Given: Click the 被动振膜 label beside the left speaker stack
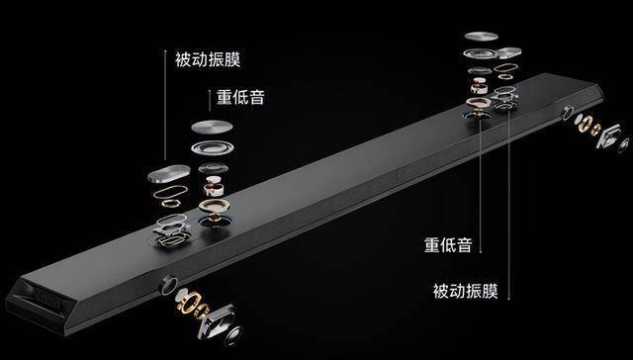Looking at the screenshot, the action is (x=208, y=59).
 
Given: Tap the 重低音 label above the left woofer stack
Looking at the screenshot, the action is (x=240, y=97).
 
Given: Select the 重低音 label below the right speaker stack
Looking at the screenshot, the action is (x=448, y=245).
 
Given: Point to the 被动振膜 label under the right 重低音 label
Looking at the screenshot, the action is (x=466, y=291).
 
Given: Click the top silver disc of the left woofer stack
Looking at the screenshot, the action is (x=212, y=128).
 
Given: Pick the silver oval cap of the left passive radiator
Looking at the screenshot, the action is (x=169, y=173).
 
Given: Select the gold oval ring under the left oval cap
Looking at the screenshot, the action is (x=170, y=191).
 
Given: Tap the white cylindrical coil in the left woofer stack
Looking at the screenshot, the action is (x=214, y=187).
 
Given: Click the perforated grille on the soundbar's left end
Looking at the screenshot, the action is (x=46, y=299).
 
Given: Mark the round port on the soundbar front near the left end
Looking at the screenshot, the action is (x=168, y=284).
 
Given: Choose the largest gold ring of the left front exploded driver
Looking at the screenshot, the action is (x=188, y=302).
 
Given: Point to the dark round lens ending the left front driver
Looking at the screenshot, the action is (x=233, y=334).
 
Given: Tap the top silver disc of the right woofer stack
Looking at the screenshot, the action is (x=481, y=36).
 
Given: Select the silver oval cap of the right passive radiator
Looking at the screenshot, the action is (x=508, y=52).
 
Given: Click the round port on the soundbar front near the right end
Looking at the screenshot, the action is (x=568, y=113).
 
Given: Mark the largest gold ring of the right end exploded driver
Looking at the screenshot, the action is (x=585, y=123).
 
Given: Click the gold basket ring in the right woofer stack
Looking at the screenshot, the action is (x=479, y=102).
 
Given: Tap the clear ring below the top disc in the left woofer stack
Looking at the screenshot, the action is (x=213, y=147).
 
